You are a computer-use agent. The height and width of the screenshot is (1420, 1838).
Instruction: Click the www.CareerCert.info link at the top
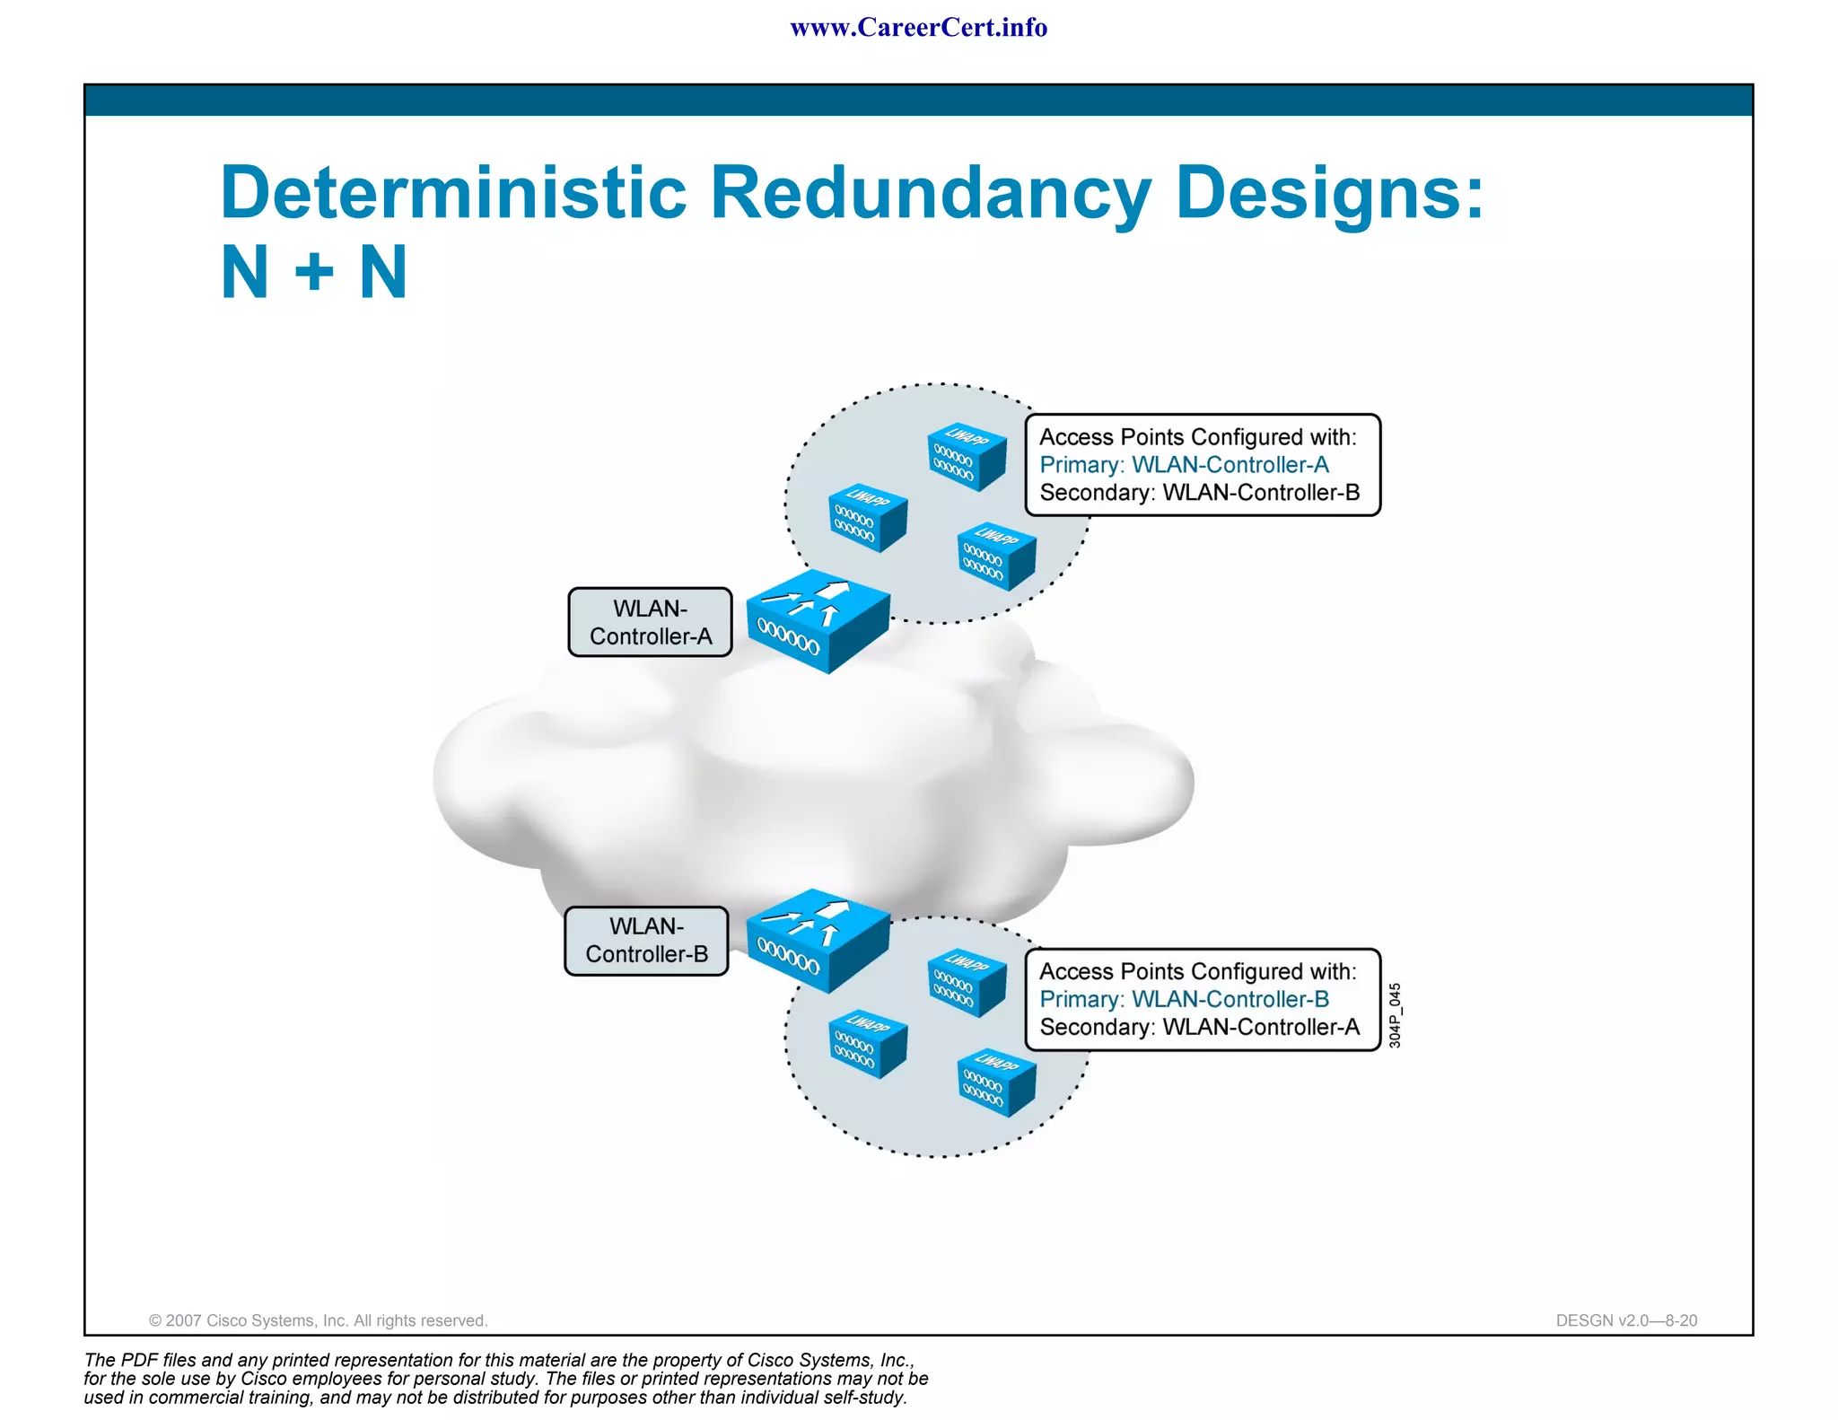[x=918, y=28]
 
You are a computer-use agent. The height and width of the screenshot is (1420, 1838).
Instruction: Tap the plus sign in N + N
[x=314, y=272]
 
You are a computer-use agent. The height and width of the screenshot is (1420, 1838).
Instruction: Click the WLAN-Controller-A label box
[x=650, y=622]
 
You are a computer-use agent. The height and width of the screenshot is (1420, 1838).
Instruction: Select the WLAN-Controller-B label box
[x=646, y=941]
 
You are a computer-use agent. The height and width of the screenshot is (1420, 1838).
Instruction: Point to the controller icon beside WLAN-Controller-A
[x=818, y=620]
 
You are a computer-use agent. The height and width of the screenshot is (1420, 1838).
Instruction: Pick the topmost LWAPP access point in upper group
[x=966, y=457]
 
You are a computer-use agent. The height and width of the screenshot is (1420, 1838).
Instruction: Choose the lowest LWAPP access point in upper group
[x=996, y=557]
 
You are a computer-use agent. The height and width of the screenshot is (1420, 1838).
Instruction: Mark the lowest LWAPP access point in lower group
[x=996, y=1083]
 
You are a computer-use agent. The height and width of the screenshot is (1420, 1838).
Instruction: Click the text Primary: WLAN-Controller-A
[x=1184, y=465]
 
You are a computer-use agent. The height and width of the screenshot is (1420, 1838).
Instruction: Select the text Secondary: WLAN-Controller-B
[x=1199, y=493]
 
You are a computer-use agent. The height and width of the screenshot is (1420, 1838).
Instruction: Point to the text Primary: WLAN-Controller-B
[x=1184, y=999]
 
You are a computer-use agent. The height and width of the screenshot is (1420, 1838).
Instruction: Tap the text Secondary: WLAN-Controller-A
[x=1199, y=1027]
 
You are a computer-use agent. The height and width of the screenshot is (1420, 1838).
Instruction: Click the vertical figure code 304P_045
[x=1395, y=1015]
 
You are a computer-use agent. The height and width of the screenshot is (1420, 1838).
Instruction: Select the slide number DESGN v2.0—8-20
[x=1626, y=1320]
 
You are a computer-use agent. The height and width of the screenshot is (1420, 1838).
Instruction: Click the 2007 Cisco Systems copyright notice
[x=318, y=1320]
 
